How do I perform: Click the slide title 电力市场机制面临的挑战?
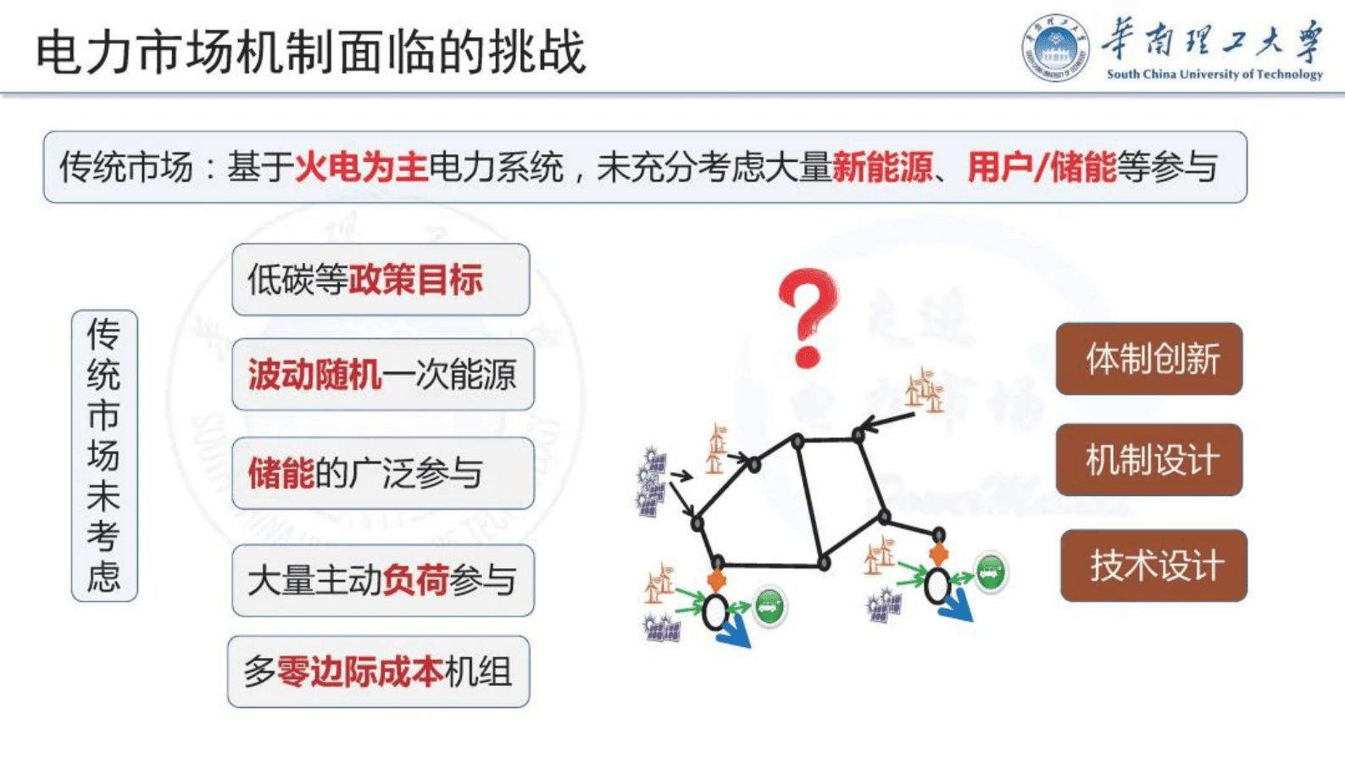310,51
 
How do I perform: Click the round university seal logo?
1054,47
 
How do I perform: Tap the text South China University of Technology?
1214,75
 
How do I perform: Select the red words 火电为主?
361,167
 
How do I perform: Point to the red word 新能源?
881,167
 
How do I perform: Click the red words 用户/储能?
1041,167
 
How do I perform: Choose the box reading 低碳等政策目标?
381,280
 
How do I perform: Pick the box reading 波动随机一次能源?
382,375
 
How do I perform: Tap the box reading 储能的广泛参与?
382,473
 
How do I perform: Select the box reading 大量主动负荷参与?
382,581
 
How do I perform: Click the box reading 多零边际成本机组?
378,672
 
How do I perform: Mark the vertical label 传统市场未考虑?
104,455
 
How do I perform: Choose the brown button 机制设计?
1148,460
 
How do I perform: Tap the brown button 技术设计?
1153,566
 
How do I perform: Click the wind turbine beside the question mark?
925,391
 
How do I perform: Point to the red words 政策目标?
415,280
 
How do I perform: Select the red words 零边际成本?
360,672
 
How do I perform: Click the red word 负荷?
415,581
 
